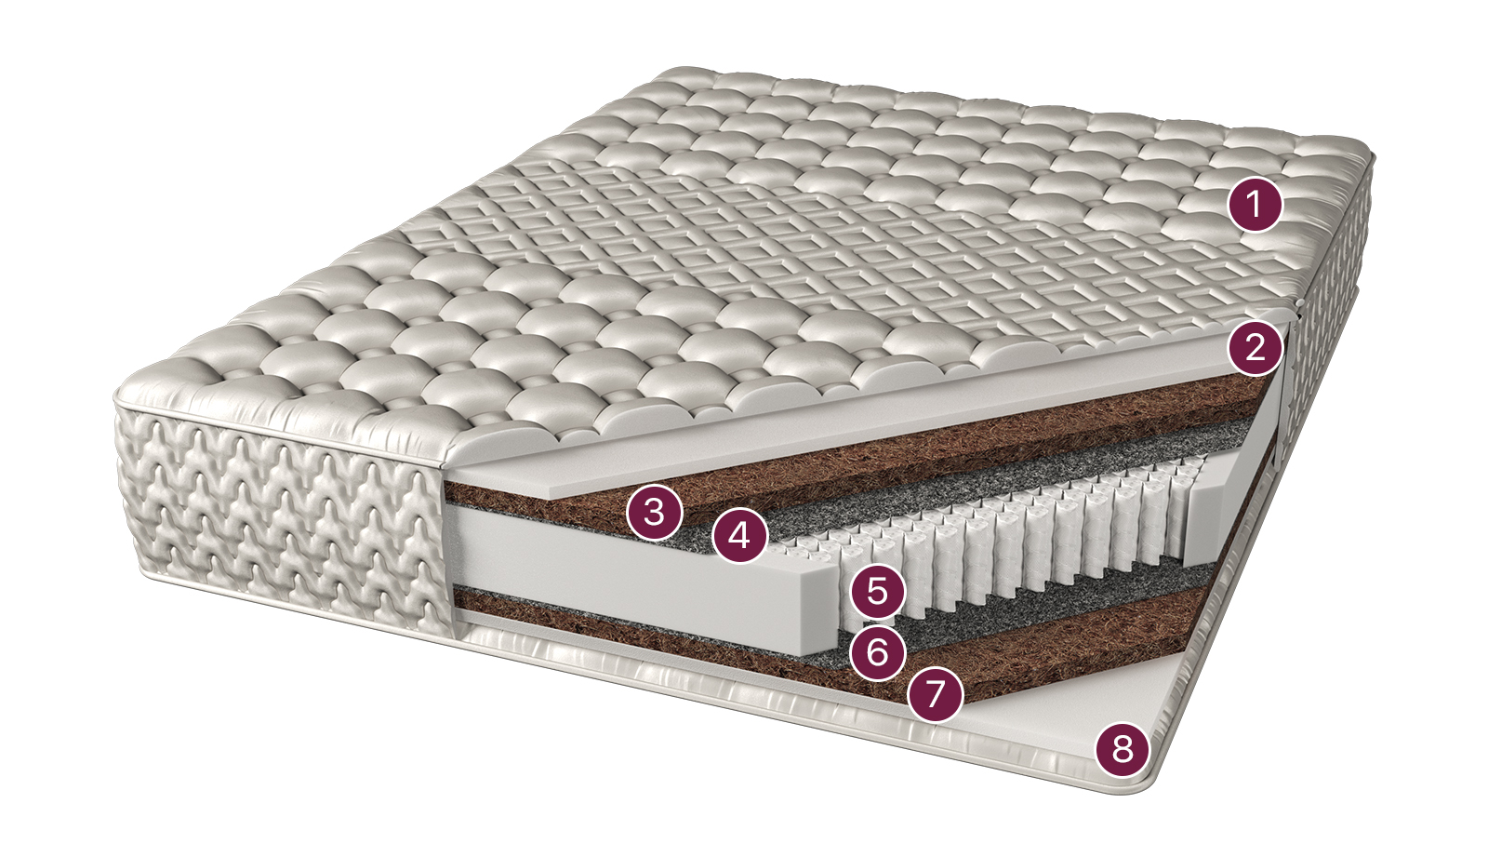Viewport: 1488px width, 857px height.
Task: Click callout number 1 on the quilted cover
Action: pyautogui.click(x=1255, y=204)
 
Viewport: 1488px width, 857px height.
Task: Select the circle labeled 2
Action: pyautogui.click(x=1255, y=348)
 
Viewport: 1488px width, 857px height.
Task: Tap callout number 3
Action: pyautogui.click(x=655, y=513)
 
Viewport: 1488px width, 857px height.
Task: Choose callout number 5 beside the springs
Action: pyautogui.click(x=878, y=591)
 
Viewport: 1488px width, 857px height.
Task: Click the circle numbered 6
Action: pyautogui.click(x=878, y=652)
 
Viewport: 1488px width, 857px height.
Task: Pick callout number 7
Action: pyautogui.click(x=935, y=694)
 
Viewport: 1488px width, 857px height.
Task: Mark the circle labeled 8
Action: pyautogui.click(x=1122, y=749)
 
